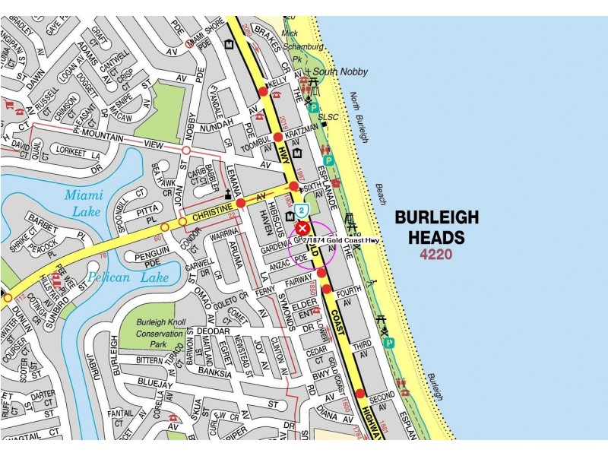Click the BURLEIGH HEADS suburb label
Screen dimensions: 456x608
(x=436, y=227)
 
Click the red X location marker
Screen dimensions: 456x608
(x=302, y=228)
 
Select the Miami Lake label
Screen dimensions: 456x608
(x=83, y=204)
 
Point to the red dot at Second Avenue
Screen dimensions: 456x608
(x=360, y=394)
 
